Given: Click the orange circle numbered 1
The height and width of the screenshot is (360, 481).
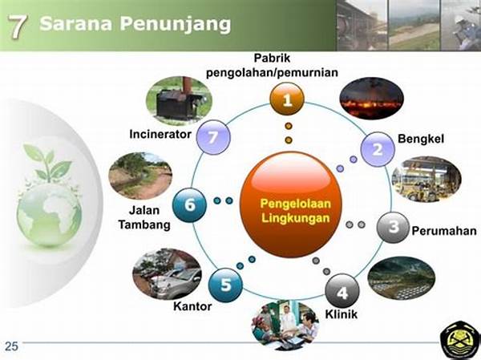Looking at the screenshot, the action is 287,99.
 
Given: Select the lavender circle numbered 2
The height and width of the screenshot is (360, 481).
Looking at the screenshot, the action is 378,149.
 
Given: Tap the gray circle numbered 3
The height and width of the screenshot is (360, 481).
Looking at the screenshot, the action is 394,228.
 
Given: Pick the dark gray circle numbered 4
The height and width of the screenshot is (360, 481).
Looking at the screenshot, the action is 342,291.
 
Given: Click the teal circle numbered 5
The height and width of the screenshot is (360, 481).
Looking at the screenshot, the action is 225,285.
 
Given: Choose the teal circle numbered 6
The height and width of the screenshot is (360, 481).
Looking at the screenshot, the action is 189,205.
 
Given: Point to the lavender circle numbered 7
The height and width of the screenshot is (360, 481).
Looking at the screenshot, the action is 213,137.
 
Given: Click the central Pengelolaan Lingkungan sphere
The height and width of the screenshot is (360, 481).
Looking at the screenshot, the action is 291,204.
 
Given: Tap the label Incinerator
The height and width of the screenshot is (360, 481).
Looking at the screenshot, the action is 160,134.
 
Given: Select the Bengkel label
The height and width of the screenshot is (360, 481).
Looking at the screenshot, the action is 421,139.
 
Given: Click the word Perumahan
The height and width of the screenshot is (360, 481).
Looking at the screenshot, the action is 444,231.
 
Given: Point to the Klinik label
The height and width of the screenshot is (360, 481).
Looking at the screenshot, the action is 342,314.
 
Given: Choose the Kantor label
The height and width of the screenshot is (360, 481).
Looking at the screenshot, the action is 192,306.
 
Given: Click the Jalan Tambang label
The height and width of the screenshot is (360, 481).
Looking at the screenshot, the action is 144,217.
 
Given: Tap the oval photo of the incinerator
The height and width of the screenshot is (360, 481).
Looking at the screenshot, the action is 179,100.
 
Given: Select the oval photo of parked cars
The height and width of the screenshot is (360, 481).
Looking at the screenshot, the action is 168,273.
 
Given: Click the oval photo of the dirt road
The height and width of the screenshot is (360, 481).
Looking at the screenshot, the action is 140,176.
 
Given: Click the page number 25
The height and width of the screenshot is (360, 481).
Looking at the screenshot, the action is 12,346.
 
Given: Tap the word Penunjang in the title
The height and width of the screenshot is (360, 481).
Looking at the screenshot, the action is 175,24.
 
